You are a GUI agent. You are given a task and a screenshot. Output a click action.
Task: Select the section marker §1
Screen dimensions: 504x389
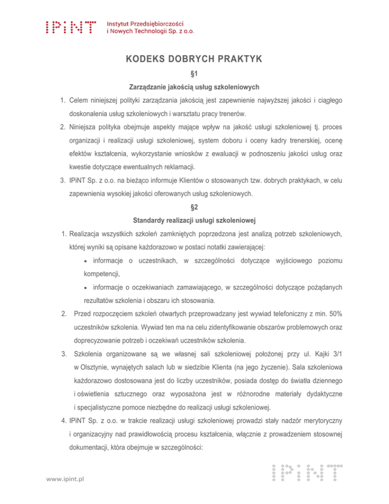[194, 74]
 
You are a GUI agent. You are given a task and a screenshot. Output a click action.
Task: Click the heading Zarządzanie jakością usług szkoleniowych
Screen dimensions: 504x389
[194, 87]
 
